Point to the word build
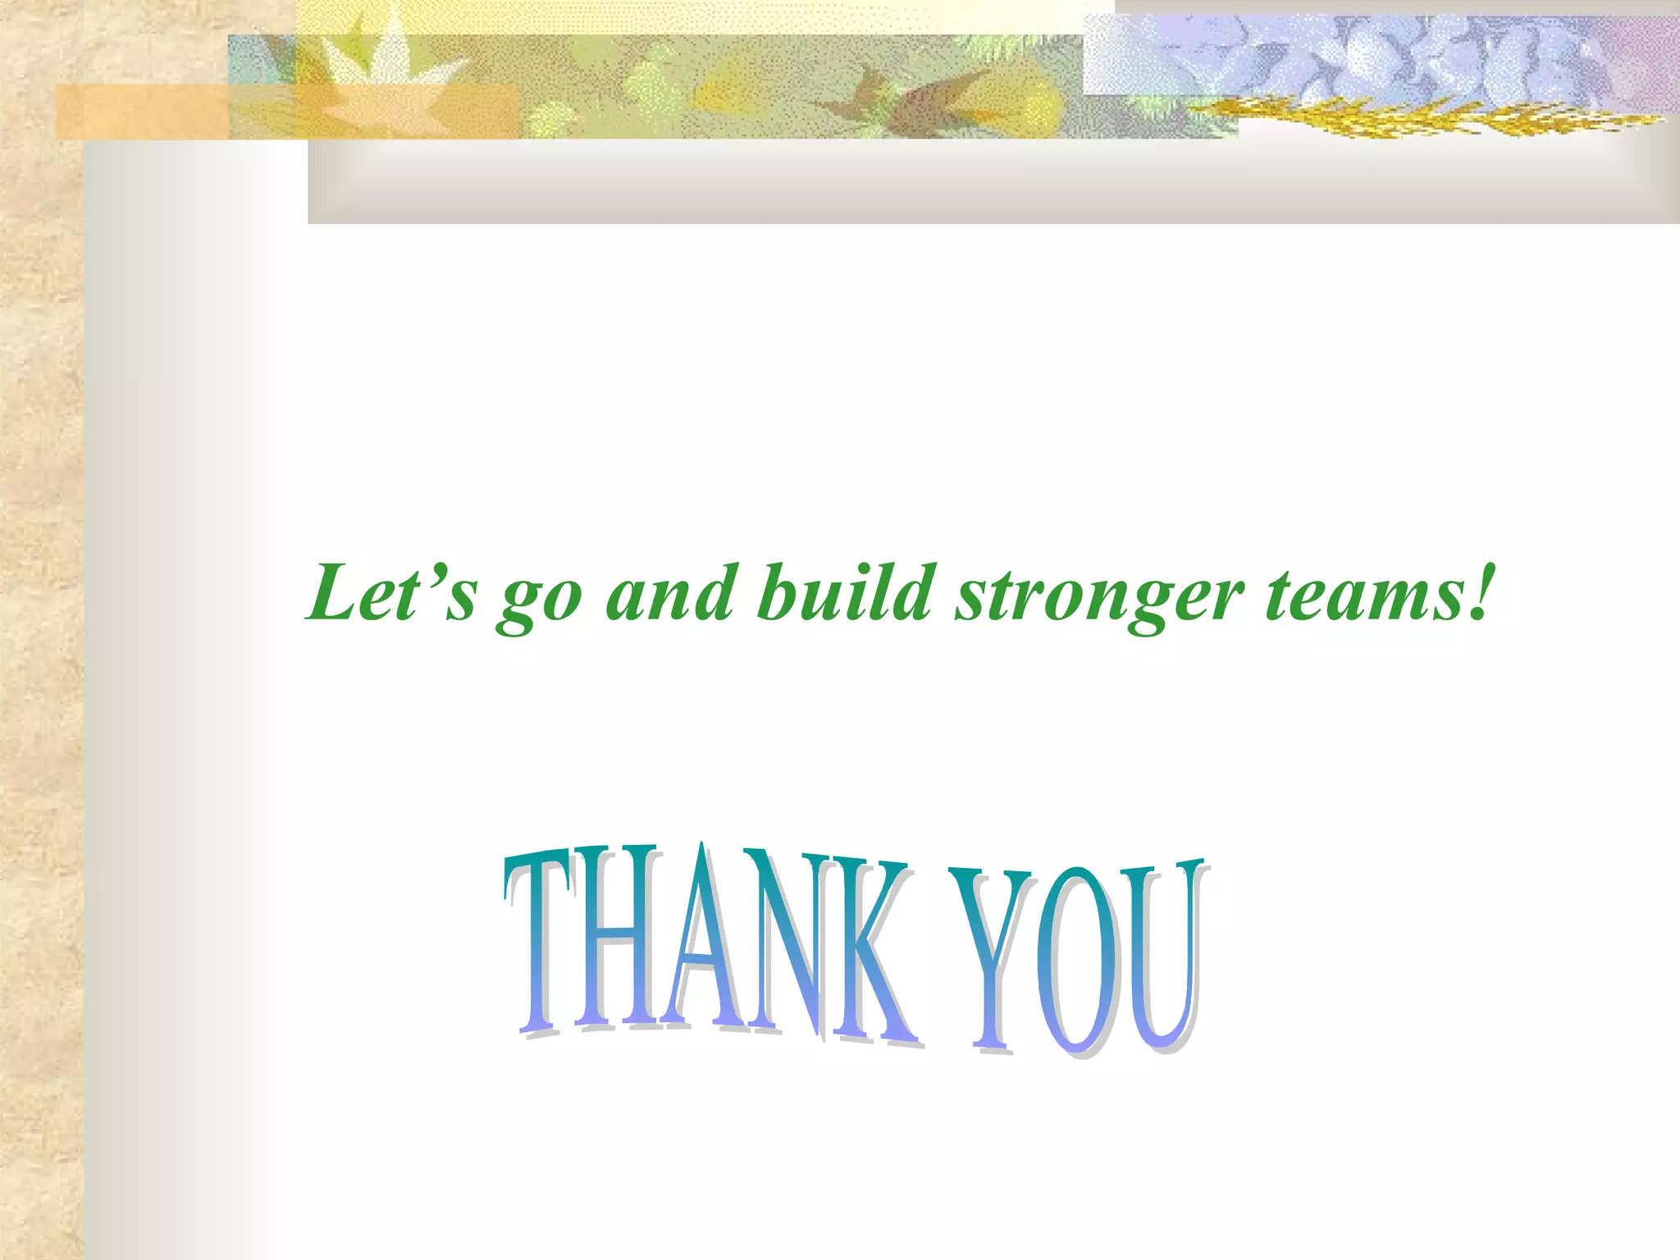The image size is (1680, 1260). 845,591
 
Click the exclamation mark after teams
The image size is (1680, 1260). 1477,591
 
